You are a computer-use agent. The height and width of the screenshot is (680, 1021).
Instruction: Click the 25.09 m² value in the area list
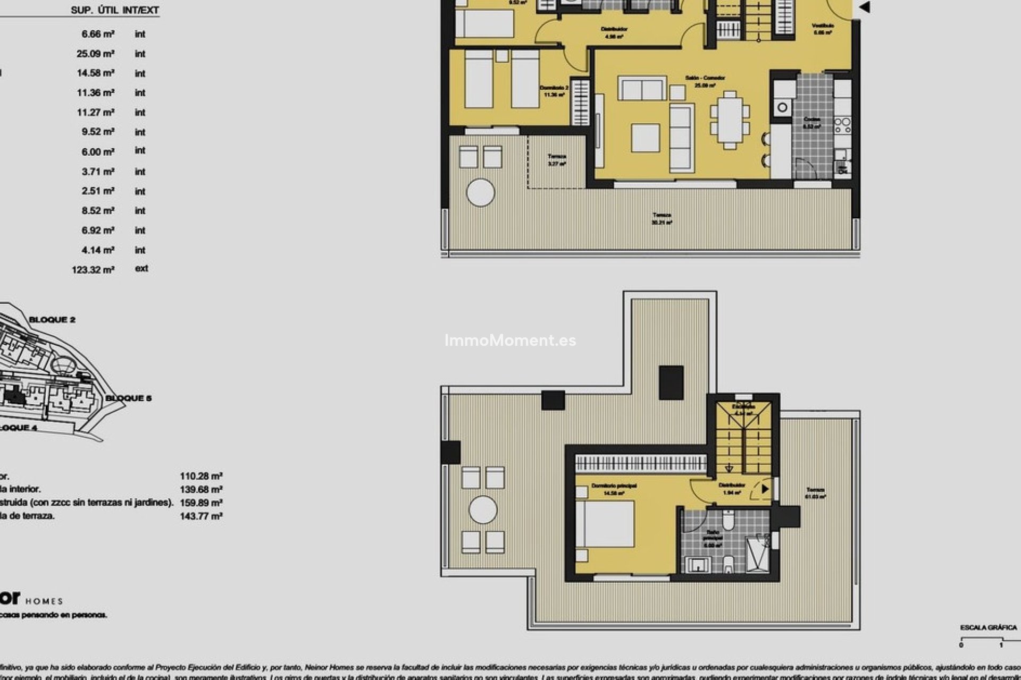pyautogui.click(x=96, y=54)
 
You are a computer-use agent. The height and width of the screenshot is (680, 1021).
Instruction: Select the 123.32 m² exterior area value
pyautogui.click(x=93, y=270)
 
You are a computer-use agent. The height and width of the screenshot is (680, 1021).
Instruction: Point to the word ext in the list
pyautogui.click(x=141, y=268)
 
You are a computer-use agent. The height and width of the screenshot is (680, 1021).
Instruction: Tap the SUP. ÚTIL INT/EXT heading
pyautogui.click(x=115, y=10)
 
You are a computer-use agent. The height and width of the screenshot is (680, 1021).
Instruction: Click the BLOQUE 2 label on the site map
pyautogui.click(x=52, y=320)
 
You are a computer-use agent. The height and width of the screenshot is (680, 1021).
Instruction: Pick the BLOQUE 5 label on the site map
pyautogui.click(x=128, y=398)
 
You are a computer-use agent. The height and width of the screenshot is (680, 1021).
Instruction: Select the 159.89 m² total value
pyautogui.click(x=201, y=503)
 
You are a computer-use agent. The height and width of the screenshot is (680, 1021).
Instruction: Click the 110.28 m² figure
pyautogui.click(x=201, y=476)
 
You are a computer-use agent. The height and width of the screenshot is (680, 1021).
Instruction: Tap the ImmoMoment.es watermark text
pyautogui.click(x=510, y=341)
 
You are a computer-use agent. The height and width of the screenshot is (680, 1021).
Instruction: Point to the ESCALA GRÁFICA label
pyautogui.click(x=988, y=627)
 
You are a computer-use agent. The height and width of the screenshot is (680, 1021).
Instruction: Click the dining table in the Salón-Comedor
pyautogui.click(x=730, y=120)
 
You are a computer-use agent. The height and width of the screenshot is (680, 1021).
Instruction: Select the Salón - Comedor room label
pyautogui.click(x=705, y=78)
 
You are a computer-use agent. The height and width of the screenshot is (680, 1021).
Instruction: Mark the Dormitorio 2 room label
pyautogui.click(x=554, y=88)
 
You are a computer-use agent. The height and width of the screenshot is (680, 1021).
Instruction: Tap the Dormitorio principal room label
pyautogui.click(x=614, y=486)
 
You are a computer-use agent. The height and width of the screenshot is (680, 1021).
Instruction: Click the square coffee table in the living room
pyautogui.click(x=646, y=138)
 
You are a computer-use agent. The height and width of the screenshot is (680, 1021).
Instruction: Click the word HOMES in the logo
pyautogui.click(x=44, y=601)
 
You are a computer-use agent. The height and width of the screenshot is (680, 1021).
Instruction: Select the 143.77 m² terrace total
pyautogui.click(x=201, y=516)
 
